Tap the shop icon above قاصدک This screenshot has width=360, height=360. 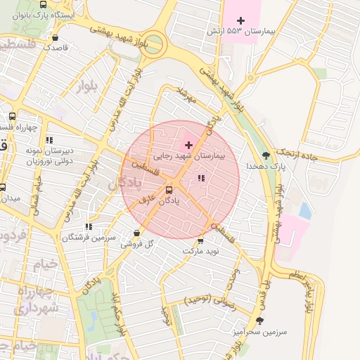point(56,38)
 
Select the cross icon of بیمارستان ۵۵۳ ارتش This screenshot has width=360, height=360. point(242,20)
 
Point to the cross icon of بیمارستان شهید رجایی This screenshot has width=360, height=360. point(188,144)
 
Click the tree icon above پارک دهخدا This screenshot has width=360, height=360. point(266,155)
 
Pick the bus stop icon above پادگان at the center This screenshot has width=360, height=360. point(169,189)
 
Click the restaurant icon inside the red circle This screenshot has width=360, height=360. point(202,178)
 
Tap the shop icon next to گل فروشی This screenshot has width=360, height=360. point(138,233)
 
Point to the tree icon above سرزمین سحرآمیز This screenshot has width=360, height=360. point(260,321)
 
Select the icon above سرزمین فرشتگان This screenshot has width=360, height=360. point(88,226)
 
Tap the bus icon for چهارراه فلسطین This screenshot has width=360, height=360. point(11,116)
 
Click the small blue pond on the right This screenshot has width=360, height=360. point(305,210)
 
